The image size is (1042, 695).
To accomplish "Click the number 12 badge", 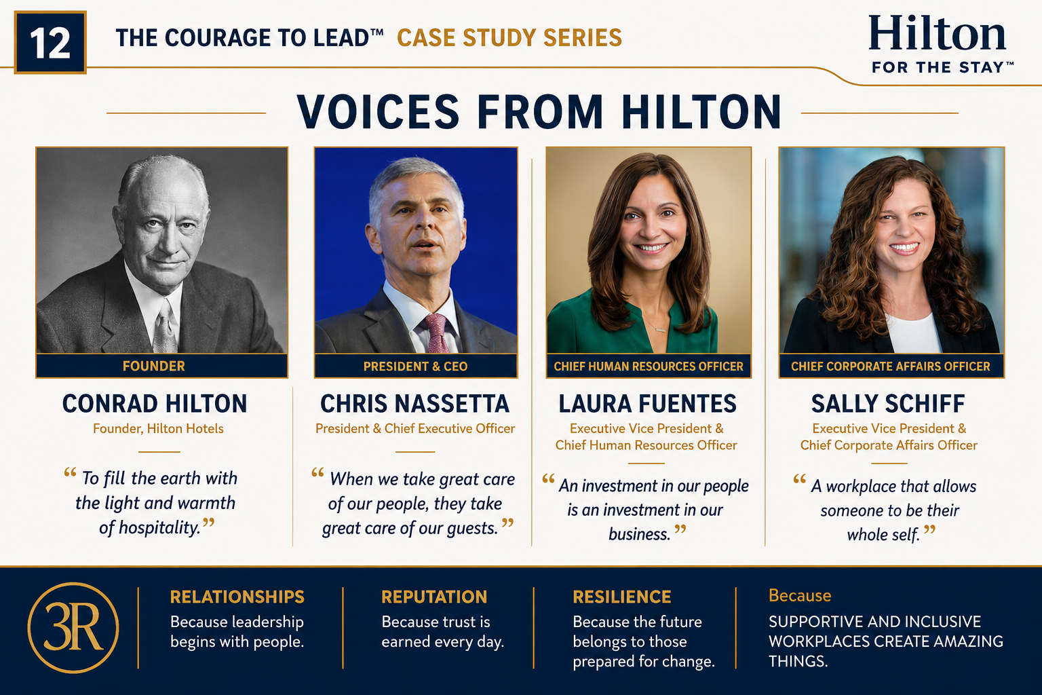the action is click(x=50, y=42).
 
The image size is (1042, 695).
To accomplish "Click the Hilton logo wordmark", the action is click(x=938, y=33).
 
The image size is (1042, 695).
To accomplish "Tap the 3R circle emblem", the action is click(x=73, y=628).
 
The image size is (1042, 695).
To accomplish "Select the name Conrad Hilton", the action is click(x=155, y=404).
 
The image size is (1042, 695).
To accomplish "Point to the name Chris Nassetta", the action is click(x=415, y=404).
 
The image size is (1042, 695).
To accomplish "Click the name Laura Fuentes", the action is click(x=648, y=404).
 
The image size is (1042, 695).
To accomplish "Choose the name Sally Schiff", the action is click(x=888, y=404).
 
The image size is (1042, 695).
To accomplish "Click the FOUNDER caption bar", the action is click(x=162, y=366).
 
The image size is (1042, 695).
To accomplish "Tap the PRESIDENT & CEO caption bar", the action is click(x=415, y=367).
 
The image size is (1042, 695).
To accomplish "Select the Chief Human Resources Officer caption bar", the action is click(x=649, y=367).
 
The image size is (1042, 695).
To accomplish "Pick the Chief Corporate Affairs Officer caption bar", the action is click(x=891, y=367).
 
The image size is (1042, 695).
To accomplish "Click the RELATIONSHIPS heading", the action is click(x=237, y=597).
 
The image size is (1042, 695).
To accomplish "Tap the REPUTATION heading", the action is click(x=434, y=597).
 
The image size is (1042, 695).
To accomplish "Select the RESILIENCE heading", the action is click(x=622, y=597).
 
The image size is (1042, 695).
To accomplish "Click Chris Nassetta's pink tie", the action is click(x=437, y=333).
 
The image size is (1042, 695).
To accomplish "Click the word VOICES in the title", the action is click(x=378, y=112).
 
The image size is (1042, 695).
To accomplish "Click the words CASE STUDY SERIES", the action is click(x=509, y=38).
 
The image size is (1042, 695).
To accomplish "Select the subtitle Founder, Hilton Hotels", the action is click(x=158, y=429).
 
